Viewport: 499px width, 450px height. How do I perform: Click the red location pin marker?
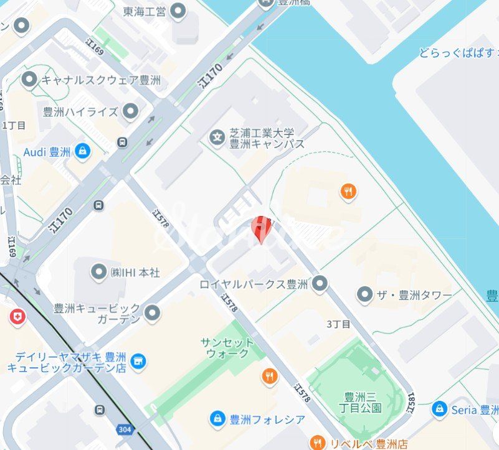pyautogui.click(x=261, y=229)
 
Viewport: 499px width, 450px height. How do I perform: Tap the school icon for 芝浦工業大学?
pyautogui.click(x=217, y=137)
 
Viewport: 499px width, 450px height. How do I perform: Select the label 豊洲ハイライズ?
pyautogui.click(x=80, y=112)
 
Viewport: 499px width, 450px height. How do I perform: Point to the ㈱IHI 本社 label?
pyautogui.click(x=135, y=273)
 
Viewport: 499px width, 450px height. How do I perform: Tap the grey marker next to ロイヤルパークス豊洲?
pyautogui.click(x=320, y=284)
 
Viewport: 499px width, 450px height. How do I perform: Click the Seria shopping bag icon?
pyautogui.click(x=439, y=409)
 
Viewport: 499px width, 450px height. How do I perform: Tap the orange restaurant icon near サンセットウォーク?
pyautogui.click(x=269, y=376)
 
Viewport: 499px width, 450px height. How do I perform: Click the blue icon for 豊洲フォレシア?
pyautogui.click(x=217, y=418)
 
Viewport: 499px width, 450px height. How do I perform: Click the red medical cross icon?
pyautogui.click(x=17, y=317)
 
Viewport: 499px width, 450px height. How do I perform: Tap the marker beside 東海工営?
pyautogui.click(x=178, y=11)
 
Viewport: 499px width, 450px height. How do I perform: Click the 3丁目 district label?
pyautogui.click(x=338, y=324)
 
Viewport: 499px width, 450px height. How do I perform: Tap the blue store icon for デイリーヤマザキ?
pyautogui.click(x=138, y=360)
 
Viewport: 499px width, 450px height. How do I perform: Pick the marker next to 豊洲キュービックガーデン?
pyautogui.click(x=151, y=314)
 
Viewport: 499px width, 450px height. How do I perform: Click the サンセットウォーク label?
pyautogui.click(x=227, y=348)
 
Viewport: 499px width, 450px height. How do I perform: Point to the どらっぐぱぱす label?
pyautogui.click(x=459, y=54)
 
